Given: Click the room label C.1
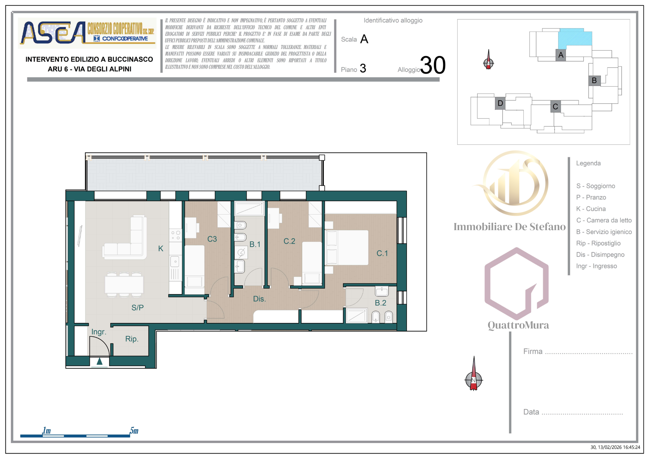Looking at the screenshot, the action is coord(382,253).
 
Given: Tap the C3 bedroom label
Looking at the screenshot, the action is coord(212,239).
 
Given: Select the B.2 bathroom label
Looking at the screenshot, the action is coord(380,303).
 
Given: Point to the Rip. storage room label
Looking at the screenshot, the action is coord(132,339).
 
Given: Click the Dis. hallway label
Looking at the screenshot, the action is coord(259,299).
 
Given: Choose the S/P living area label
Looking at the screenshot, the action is coord(137,307).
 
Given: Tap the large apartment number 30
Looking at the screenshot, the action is coord(433,65).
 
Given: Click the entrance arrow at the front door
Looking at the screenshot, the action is coord(99,361).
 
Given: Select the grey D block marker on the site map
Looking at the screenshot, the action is coord(500,103).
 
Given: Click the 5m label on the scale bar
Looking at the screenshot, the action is coord(134,430).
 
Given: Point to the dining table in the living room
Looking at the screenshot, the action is coord(124,285).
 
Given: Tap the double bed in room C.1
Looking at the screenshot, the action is coord(347,247).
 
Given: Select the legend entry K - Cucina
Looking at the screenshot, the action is coord(591,209).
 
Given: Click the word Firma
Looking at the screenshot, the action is coord(533,351).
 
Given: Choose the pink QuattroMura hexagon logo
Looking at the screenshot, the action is coord(516,283).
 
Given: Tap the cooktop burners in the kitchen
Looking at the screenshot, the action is coord(175,235).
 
